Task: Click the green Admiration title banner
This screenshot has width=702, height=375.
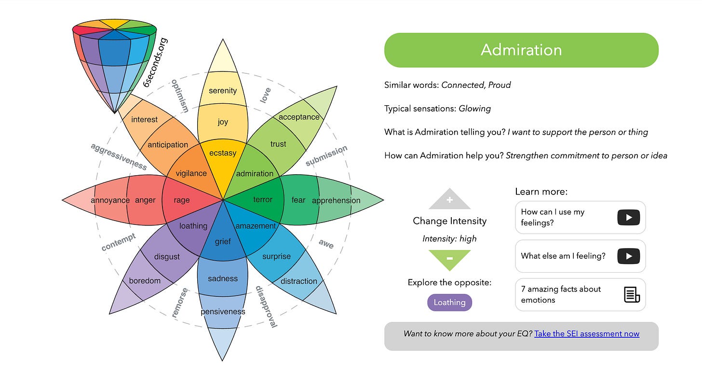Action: point(521,50)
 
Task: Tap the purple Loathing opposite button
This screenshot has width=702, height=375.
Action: point(449,303)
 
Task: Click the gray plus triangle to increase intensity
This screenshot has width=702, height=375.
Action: point(449,199)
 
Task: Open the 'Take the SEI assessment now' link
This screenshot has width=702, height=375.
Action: point(587,333)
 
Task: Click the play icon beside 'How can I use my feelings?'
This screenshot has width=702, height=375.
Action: point(629,217)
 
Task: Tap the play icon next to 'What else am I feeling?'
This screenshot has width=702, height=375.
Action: point(629,256)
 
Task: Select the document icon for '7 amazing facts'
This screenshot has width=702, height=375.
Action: point(632,294)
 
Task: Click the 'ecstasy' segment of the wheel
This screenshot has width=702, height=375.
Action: point(223,153)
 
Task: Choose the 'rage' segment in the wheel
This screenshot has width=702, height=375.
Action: point(182,200)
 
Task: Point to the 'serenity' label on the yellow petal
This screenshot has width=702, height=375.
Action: point(223,91)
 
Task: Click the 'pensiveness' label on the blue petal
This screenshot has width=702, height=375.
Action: point(223,312)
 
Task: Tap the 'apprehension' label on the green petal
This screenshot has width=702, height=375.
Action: point(336,200)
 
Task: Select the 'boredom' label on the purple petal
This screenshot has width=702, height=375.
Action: point(145,281)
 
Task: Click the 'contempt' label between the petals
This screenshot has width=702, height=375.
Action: point(119,242)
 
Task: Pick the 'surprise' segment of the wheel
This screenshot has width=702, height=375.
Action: point(276,256)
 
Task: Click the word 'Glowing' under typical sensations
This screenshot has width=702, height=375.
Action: point(474,109)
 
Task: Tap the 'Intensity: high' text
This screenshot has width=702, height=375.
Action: point(449,238)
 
